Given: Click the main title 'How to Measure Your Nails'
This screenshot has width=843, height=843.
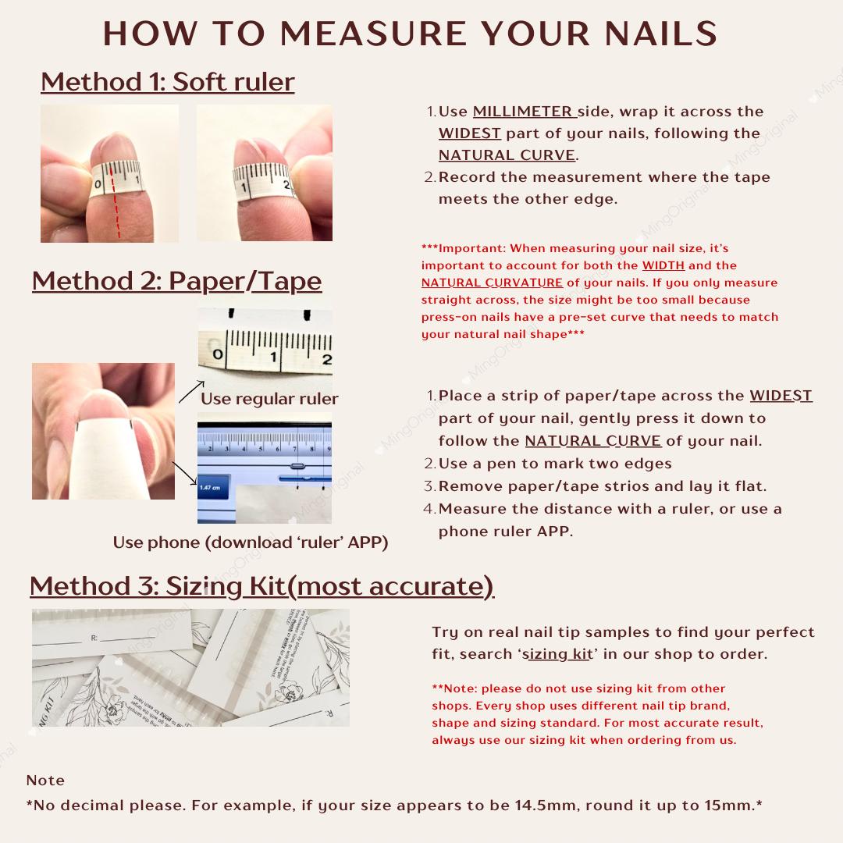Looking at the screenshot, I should point(411,34).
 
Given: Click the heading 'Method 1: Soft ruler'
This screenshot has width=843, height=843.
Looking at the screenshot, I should point(167,81).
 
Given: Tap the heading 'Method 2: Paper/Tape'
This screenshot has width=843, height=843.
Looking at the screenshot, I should point(176,281).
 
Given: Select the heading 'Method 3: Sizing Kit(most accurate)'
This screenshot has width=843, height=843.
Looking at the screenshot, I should point(261,585).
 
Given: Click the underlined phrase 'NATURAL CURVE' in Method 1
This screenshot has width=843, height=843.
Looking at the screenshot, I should point(507,155).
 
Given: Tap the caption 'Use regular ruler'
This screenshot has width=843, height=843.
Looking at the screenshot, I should point(269,399).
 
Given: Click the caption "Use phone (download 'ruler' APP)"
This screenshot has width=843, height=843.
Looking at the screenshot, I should point(250,542).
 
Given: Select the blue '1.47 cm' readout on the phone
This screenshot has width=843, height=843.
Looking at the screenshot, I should point(209,488).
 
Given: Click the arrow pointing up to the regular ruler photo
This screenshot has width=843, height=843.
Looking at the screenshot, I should point(191,391).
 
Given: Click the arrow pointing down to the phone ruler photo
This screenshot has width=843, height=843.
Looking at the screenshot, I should point(184,473).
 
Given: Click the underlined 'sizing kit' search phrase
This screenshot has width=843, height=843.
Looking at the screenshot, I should point(557,654).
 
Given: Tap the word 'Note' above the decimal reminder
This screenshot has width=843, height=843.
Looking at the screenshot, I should point(45,781).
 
